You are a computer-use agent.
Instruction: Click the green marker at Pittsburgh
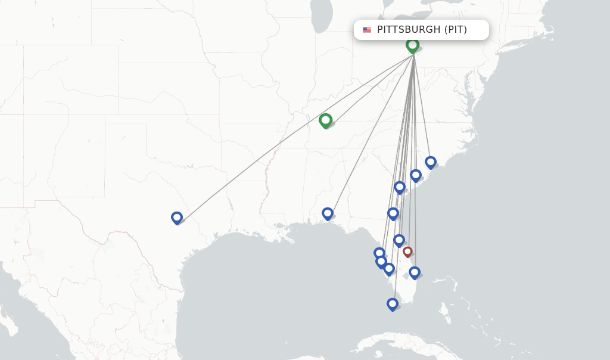tap(412, 45)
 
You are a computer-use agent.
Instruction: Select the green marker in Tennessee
tap(325, 120)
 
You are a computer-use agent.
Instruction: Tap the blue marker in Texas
tap(176, 218)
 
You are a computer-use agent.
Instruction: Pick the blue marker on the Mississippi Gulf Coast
tap(327, 213)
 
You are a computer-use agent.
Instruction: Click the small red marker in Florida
tap(407, 252)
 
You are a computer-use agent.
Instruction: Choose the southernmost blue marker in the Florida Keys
tap(392, 304)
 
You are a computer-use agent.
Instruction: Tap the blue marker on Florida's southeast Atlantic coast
tap(415, 272)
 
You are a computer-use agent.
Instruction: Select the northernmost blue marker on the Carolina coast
tap(431, 162)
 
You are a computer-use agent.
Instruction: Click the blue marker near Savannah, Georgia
tap(400, 187)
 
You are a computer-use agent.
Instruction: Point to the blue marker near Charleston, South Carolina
tap(416, 175)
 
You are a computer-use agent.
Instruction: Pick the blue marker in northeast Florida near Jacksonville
tap(393, 213)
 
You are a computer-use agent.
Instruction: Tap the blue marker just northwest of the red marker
tap(399, 240)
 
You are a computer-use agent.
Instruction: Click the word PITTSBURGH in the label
tap(409, 29)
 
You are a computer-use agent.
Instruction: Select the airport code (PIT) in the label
tap(456, 29)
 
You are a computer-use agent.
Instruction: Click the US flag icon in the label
tap(367, 30)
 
